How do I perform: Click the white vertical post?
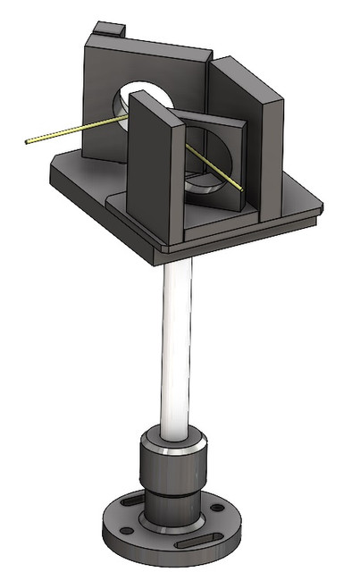click(176, 349)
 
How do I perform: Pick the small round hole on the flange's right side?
click(217, 509)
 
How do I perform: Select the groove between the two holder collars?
click(175, 492)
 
